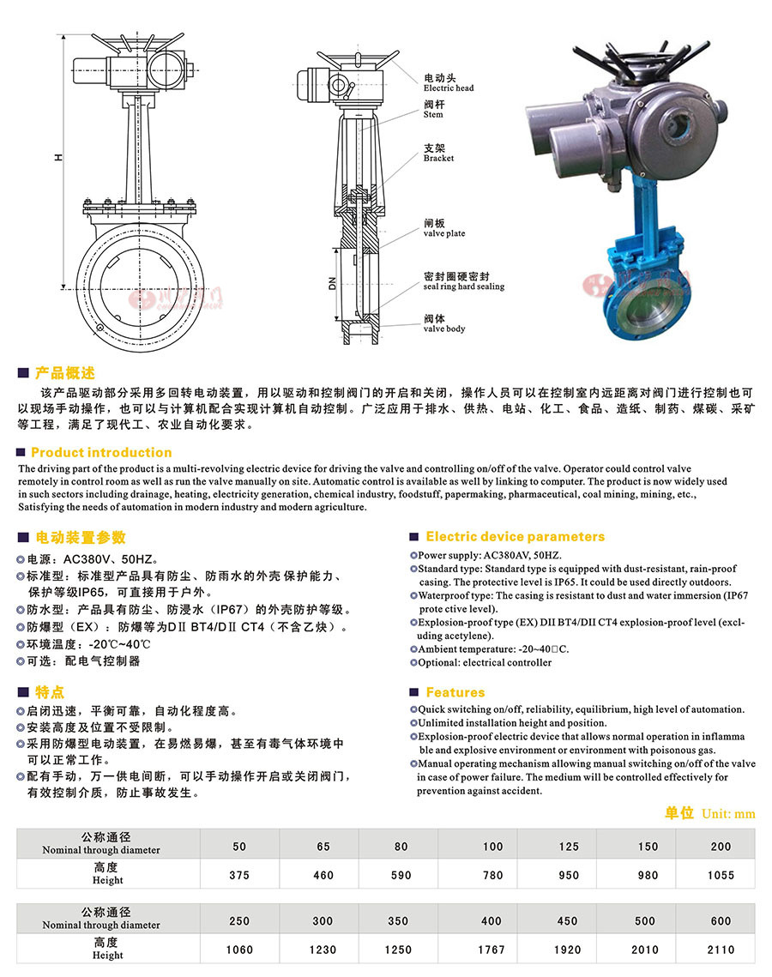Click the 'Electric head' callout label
coord(448,88)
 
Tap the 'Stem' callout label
coord(433,114)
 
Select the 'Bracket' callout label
coord(438,158)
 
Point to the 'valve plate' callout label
coord(444,233)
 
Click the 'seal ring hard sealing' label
coord(463,286)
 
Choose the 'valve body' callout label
coord(444,329)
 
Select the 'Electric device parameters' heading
coord(515,536)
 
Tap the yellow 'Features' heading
coord(455,692)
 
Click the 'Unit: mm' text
coord(728,813)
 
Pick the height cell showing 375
coord(239,875)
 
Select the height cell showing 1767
coord(492,950)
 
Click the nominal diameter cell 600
coord(721,921)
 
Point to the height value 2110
coord(721,950)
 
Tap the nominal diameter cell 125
coord(569,847)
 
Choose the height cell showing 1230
coord(323,950)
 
